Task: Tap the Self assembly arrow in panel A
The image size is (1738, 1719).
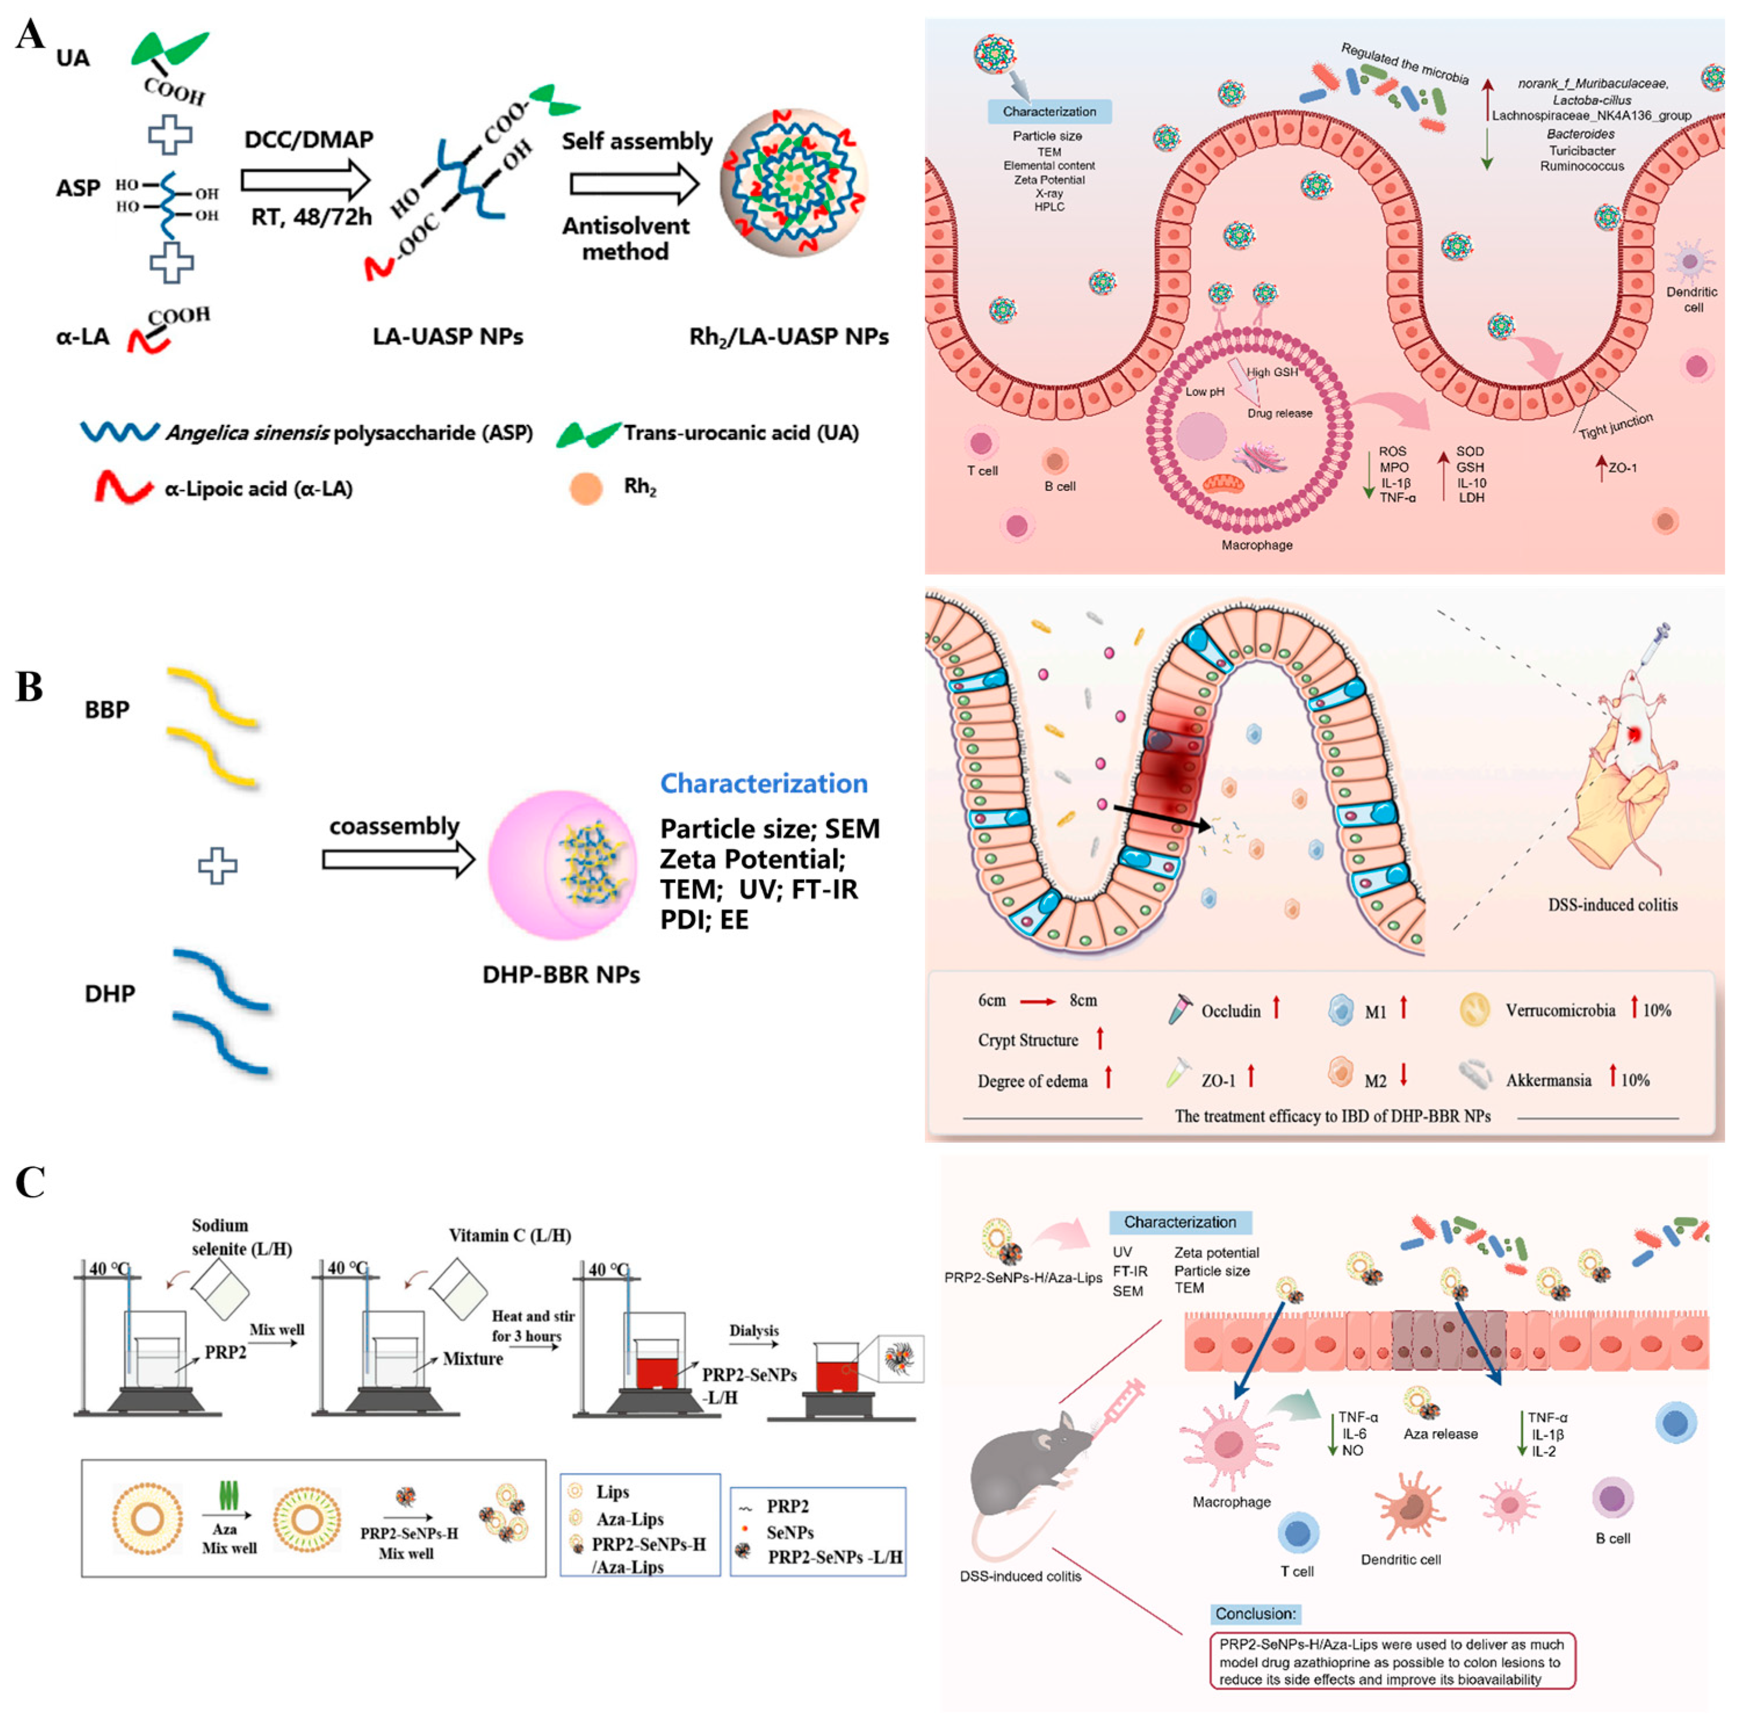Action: click(634, 185)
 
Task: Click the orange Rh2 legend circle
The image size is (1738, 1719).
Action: click(586, 489)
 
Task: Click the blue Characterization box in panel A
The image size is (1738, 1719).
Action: click(1049, 111)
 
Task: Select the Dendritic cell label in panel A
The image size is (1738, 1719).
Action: click(1691, 299)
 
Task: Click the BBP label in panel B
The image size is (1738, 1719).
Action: click(107, 710)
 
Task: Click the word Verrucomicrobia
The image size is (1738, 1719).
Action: click(1560, 1010)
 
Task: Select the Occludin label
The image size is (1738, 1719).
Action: click(1231, 1011)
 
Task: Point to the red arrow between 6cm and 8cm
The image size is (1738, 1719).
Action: click(1037, 1001)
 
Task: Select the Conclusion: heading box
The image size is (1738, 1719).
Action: click(1255, 1614)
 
